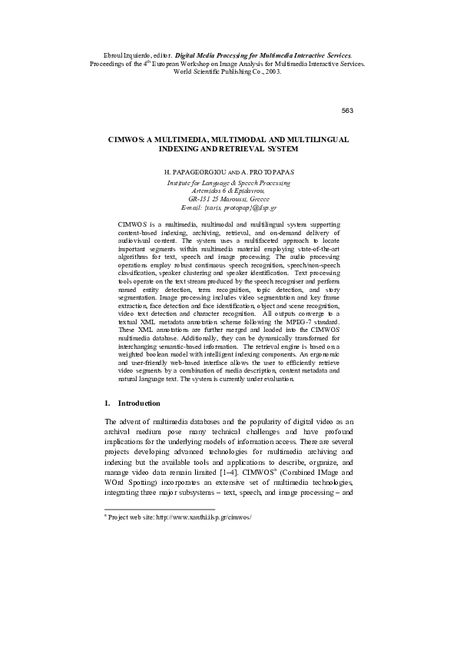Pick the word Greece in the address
click(264, 199)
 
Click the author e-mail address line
click(228, 207)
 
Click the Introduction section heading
click(139, 403)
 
